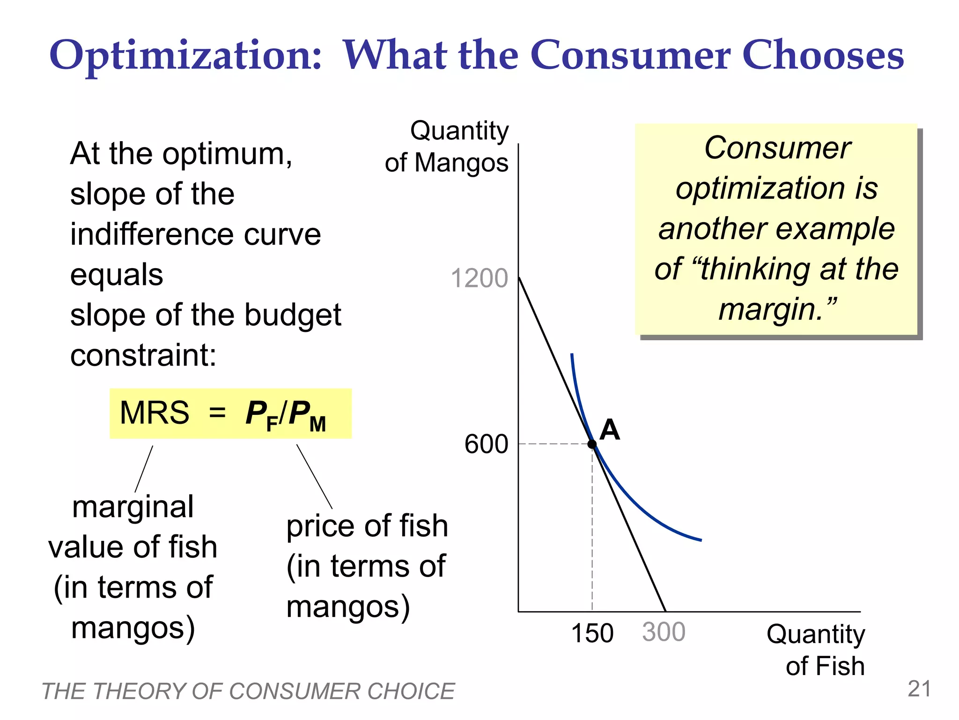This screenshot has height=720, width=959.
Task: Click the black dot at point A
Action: (592, 444)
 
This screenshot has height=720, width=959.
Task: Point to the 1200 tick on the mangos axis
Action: (479, 278)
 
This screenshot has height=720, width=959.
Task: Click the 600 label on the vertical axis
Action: (486, 444)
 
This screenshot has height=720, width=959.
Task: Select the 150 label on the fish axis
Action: (592, 633)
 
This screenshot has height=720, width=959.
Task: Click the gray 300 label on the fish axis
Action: (664, 632)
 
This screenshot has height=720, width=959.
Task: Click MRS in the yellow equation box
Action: (155, 413)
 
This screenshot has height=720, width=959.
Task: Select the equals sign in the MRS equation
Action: (217, 413)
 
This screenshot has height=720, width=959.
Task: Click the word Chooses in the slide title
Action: (823, 55)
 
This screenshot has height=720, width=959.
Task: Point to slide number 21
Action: (919, 689)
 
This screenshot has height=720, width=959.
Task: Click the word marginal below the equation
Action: (133, 507)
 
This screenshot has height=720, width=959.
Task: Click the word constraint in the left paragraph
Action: (143, 355)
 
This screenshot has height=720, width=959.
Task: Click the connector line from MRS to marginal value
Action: (144, 469)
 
